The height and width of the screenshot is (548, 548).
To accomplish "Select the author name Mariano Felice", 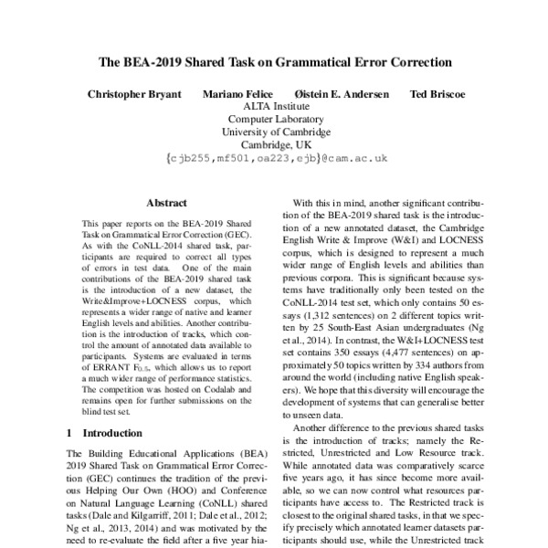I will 237,94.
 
